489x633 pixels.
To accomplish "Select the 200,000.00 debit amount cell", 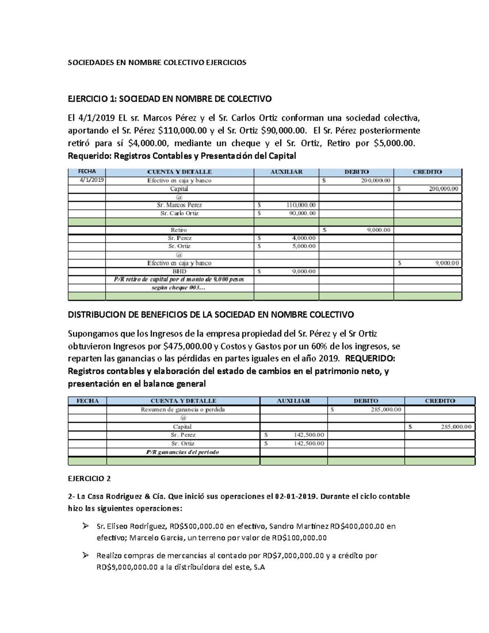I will tap(375, 181).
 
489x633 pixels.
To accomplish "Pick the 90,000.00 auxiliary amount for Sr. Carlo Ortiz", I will tap(302, 213).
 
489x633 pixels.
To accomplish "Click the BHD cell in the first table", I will tap(179, 271).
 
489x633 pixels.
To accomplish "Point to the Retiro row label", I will tap(179, 230).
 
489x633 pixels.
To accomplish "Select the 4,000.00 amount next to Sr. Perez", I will tap(304, 238).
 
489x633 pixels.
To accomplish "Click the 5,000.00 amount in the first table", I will tap(304, 246).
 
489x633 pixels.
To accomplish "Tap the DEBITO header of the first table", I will tap(356, 172).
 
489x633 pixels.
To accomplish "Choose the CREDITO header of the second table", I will tap(440, 401).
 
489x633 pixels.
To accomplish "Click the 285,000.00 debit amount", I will tap(385, 410).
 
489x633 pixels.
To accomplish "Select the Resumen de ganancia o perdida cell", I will tap(183, 410).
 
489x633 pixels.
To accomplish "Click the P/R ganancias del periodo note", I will tap(183, 452).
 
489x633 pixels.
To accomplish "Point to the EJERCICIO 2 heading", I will tap(89, 479).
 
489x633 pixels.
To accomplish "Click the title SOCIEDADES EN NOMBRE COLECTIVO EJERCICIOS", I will tap(157, 62).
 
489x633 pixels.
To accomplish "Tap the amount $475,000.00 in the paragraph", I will tap(188, 346).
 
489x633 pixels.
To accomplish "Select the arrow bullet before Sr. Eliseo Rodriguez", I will tap(85, 526).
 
